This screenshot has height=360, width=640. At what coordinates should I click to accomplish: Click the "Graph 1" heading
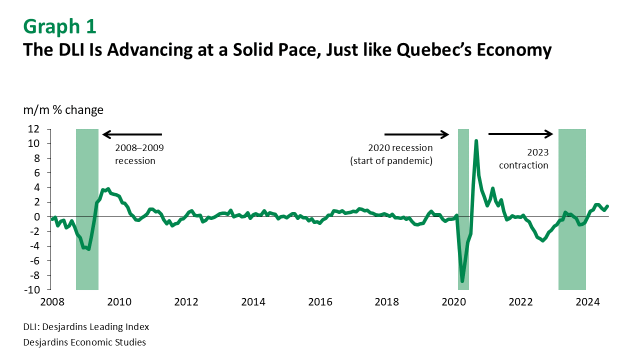click(59, 26)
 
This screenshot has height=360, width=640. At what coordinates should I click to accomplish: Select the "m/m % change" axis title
click(63, 110)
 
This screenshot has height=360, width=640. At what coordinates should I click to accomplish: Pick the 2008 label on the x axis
click(51, 302)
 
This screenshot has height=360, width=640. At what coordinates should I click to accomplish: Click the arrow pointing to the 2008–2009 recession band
click(132, 134)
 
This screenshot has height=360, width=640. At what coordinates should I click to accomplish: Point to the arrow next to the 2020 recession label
click(417, 134)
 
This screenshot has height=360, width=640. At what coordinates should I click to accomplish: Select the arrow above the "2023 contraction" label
click(520, 133)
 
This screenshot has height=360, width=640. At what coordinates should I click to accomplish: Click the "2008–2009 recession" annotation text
click(139, 154)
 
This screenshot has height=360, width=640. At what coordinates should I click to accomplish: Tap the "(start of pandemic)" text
click(391, 161)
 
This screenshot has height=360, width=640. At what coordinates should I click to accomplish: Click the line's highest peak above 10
click(476, 141)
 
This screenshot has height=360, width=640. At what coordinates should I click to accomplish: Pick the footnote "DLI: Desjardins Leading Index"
click(86, 327)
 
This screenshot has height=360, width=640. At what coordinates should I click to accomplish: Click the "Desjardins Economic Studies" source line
click(84, 342)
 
